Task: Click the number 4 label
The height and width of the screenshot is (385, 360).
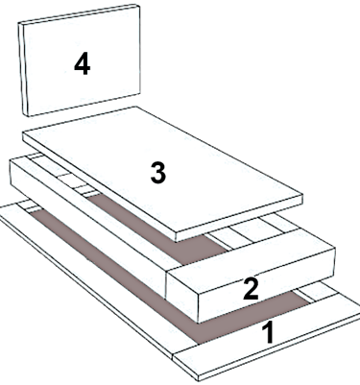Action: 83,64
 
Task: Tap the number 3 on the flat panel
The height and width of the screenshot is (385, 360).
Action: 158,173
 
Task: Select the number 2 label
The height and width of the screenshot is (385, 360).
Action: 251,289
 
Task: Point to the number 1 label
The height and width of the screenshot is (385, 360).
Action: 269,333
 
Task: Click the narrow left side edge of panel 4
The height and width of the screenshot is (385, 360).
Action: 23,69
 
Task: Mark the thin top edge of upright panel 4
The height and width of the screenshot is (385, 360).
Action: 80,14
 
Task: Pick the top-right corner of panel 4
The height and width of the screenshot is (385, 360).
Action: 140,5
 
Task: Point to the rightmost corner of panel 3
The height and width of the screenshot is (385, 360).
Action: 302,194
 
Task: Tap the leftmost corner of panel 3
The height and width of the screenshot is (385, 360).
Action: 22,132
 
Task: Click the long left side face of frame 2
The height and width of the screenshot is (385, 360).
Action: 88,229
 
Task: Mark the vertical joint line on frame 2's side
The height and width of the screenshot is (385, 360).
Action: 167,284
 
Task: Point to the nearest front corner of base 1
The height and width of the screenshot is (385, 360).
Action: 199,379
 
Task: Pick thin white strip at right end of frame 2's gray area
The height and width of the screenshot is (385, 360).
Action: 218,242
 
